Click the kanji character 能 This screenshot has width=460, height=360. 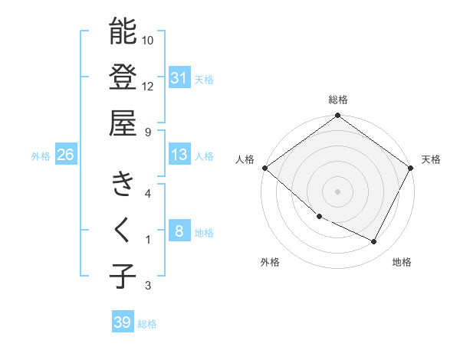click(x=123, y=32)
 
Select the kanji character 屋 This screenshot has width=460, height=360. click(x=123, y=123)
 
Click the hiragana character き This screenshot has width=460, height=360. click(x=123, y=185)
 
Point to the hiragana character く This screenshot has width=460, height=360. click(x=123, y=230)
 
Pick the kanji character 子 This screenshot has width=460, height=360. click(x=123, y=276)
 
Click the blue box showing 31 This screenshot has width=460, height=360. click(x=179, y=77)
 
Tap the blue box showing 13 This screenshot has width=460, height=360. click(x=179, y=155)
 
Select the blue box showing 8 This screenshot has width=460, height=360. click(x=179, y=231)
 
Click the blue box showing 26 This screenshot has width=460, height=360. click(x=65, y=155)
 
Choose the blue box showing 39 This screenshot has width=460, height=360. click(x=123, y=322)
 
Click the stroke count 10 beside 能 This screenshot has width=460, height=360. click(x=148, y=40)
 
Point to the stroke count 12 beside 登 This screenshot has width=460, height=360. click(x=148, y=86)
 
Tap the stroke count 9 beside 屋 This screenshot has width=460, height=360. click(x=147, y=132)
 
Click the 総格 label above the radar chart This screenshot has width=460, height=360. click(x=337, y=100)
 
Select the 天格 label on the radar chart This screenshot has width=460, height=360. click(x=432, y=159)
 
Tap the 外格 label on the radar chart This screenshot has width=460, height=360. click(x=270, y=262)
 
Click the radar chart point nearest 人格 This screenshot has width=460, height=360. click(x=264, y=168)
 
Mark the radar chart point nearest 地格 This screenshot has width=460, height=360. click(x=374, y=242)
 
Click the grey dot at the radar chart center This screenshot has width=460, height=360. click(x=337, y=191)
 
